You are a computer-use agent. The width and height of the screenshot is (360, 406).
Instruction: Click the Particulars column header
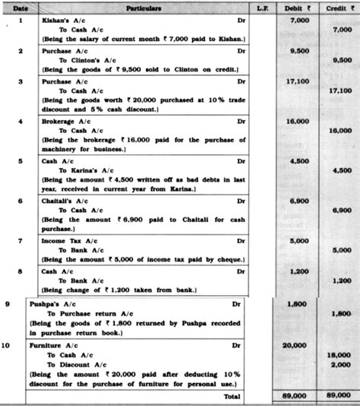(140, 5)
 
